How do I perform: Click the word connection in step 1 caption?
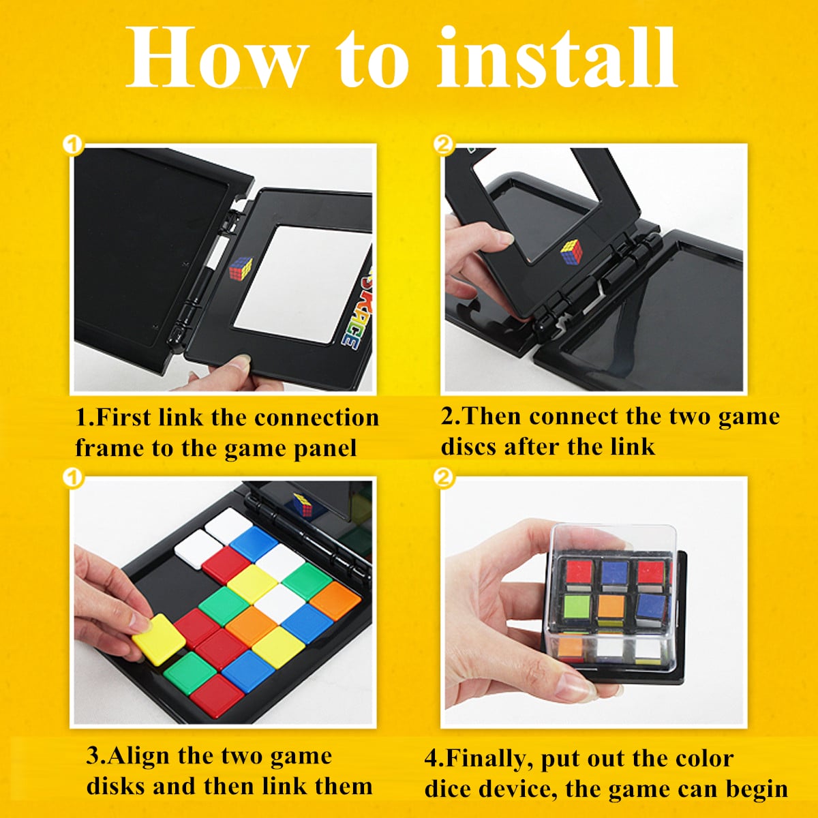(x=316, y=418)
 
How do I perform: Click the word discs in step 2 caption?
(x=469, y=446)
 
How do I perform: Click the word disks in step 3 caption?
(x=116, y=786)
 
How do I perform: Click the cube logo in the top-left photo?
(x=241, y=269)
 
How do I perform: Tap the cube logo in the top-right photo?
(x=571, y=252)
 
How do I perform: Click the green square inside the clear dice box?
(x=577, y=607)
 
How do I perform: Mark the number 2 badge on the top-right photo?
(x=444, y=146)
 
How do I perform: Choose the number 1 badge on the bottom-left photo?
(x=72, y=479)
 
